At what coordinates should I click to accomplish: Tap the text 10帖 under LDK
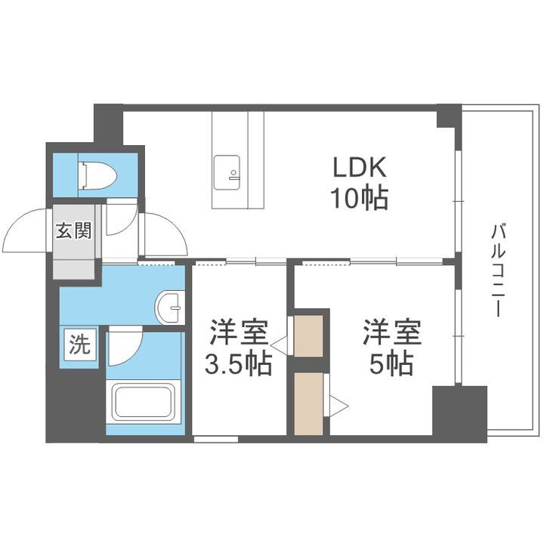[358, 199]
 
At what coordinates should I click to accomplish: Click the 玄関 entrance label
[73, 230]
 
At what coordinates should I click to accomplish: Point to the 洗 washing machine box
[79, 345]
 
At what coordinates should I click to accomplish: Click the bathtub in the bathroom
[144, 402]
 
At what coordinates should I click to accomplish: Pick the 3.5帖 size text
[240, 366]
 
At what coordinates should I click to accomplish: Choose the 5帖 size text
[391, 365]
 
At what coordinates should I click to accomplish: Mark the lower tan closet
[309, 404]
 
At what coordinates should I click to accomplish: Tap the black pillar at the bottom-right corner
[459, 411]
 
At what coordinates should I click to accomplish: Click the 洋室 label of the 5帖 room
[391, 332]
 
